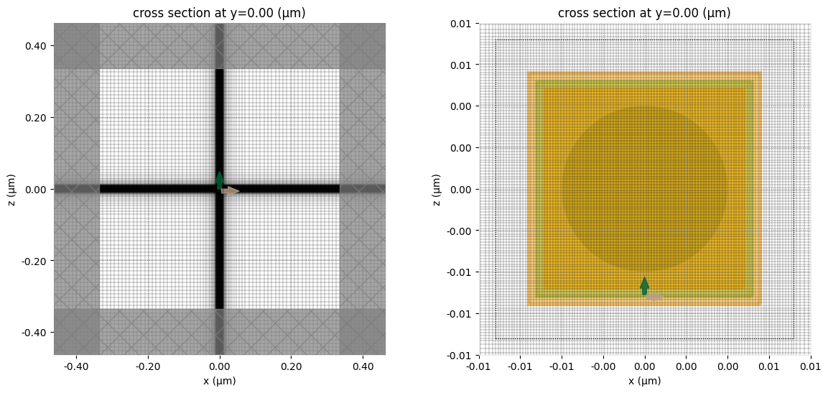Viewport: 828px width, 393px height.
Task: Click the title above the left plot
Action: [219, 12]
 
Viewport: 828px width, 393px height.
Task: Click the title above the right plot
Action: [644, 12]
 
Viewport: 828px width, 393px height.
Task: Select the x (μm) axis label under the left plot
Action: [219, 381]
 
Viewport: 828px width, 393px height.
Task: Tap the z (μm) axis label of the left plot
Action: [12, 189]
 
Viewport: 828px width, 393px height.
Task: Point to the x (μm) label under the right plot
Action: [644, 381]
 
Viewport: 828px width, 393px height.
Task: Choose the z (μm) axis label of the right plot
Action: [437, 189]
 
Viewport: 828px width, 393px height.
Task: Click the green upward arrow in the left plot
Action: [220, 180]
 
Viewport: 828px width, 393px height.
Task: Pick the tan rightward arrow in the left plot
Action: [231, 190]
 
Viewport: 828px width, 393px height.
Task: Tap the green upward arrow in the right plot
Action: [644, 285]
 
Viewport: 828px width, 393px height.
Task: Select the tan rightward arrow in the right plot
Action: [655, 296]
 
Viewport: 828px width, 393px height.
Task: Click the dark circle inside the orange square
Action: [644, 189]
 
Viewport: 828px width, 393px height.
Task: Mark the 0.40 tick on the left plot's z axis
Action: [36, 46]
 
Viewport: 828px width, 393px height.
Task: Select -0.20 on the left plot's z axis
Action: [34, 261]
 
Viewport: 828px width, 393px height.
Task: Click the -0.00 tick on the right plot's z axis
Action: [460, 231]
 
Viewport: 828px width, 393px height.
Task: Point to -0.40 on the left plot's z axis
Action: [34, 333]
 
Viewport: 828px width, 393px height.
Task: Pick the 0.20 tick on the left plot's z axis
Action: [36, 118]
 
